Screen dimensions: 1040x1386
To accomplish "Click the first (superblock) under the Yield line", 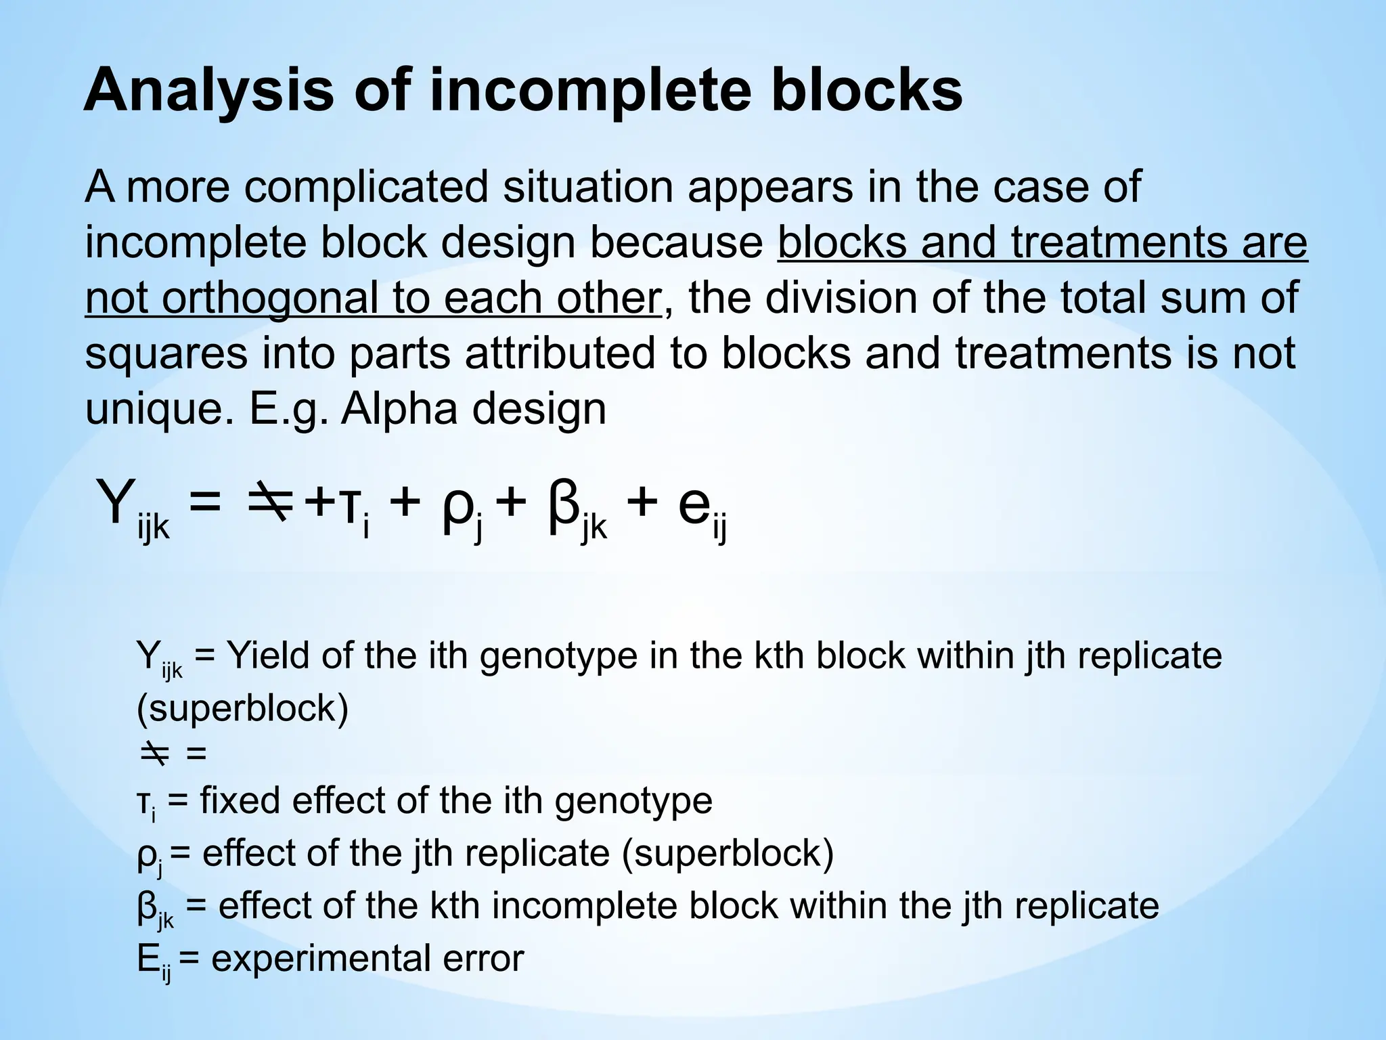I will [x=242, y=708].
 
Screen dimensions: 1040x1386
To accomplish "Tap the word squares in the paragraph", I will [x=166, y=354].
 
